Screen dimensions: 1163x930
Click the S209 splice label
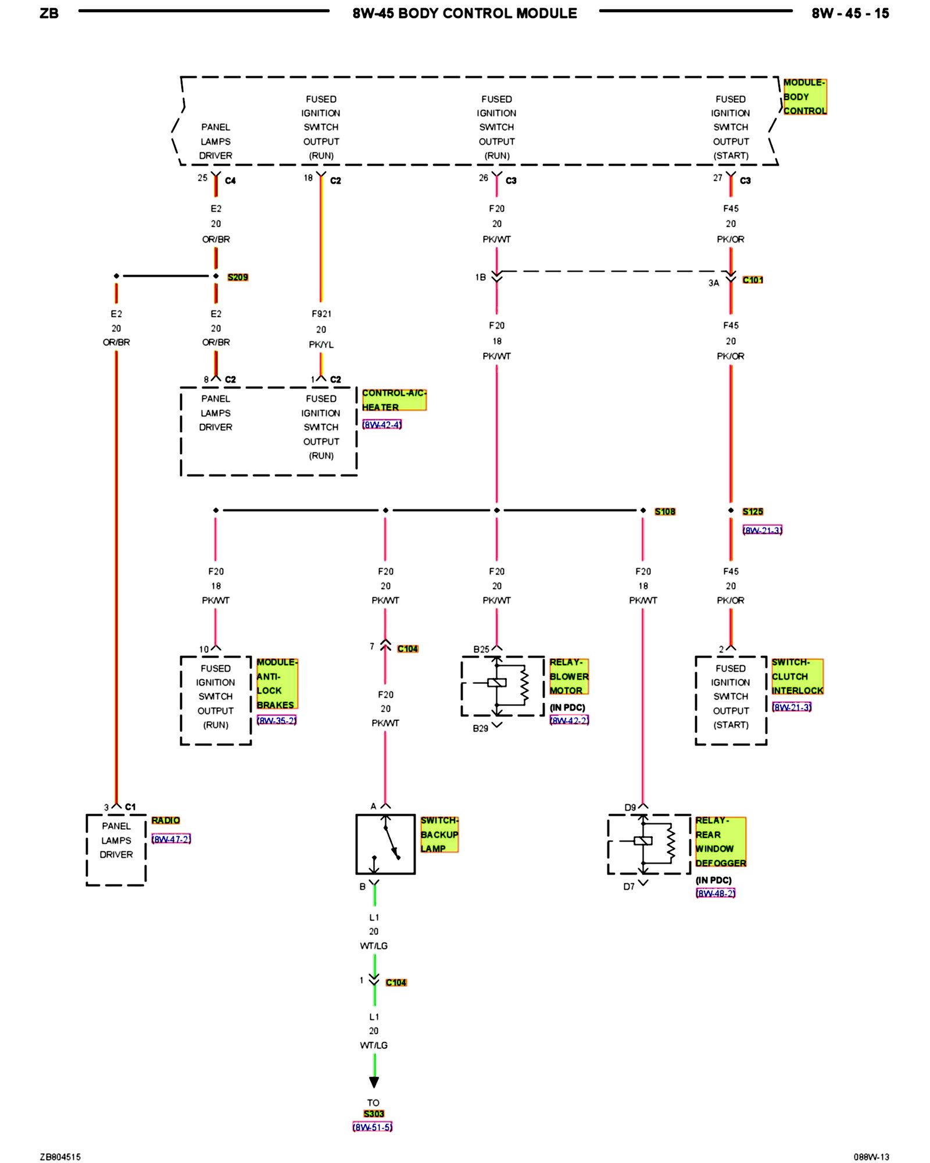click(237, 277)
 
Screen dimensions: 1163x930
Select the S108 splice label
click(664, 512)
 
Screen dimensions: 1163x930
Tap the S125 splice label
click(752, 512)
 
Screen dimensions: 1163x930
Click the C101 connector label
click(752, 280)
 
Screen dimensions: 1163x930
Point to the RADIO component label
click(166, 820)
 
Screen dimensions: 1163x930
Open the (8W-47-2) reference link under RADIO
click(171, 839)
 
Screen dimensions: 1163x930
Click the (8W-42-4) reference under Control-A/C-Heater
click(382, 424)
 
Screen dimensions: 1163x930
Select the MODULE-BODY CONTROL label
click(804, 97)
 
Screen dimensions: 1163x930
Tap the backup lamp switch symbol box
click(385, 844)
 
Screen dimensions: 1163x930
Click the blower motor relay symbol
click(503, 686)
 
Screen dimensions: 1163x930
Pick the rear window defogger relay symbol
click(649, 844)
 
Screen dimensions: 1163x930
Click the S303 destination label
click(374, 1114)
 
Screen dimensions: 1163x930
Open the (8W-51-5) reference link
click(373, 1127)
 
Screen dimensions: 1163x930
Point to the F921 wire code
click(321, 314)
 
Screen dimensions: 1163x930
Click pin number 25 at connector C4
click(202, 178)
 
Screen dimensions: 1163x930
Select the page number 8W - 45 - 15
click(850, 13)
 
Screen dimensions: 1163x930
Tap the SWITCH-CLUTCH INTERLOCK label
click(797, 676)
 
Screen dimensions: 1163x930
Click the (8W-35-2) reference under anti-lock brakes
click(277, 720)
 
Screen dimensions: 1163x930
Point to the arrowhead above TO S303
click(374, 1082)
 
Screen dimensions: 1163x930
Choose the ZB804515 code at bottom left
click(60, 1157)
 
